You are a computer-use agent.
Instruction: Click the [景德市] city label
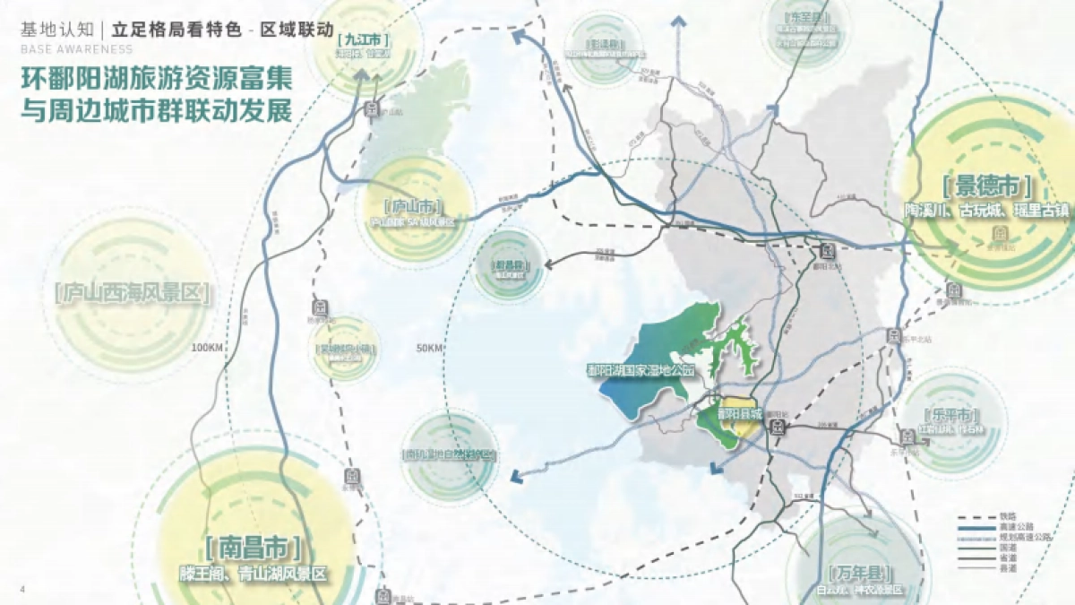[x=986, y=188]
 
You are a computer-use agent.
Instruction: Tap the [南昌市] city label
[x=253, y=548]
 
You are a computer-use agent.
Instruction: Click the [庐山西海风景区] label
[x=131, y=293]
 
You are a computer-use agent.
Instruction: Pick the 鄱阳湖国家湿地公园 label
[x=640, y=369]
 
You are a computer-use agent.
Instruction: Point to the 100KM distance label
[x=207, y=347]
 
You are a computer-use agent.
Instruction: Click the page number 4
[x=21, y=588]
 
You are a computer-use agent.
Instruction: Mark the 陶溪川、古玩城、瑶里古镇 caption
[x=986, y=211]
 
